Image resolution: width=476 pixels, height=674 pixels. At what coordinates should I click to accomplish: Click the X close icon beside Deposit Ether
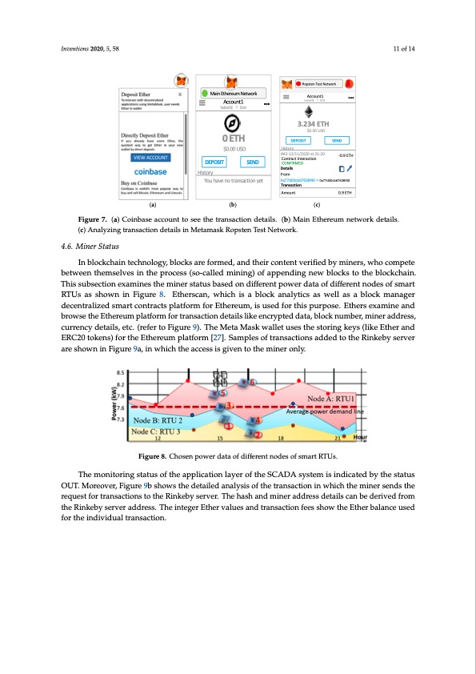coord(179,94)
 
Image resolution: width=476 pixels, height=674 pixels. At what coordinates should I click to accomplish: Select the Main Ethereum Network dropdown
coord(233,94)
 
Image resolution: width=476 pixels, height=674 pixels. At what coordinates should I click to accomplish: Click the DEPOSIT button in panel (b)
coord(212,161)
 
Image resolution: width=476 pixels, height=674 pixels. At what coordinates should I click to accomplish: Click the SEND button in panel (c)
coord(337,139)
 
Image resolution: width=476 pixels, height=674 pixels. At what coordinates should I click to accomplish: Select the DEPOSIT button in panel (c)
coord(300,139)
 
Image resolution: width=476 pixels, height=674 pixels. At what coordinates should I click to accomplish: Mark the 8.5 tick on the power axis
coord(121,373)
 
